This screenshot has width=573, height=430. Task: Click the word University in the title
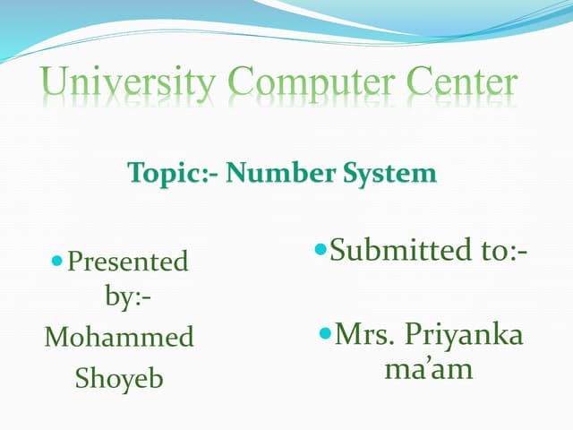tap(127, 85)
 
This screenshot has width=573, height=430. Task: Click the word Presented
tap(128, 262)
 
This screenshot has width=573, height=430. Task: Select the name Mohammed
tap(119, 338)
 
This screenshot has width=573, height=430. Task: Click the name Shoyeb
tap(119, 379)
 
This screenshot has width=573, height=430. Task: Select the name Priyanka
tap(463, 337)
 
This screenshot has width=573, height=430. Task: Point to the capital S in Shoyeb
tap(81, 379)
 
